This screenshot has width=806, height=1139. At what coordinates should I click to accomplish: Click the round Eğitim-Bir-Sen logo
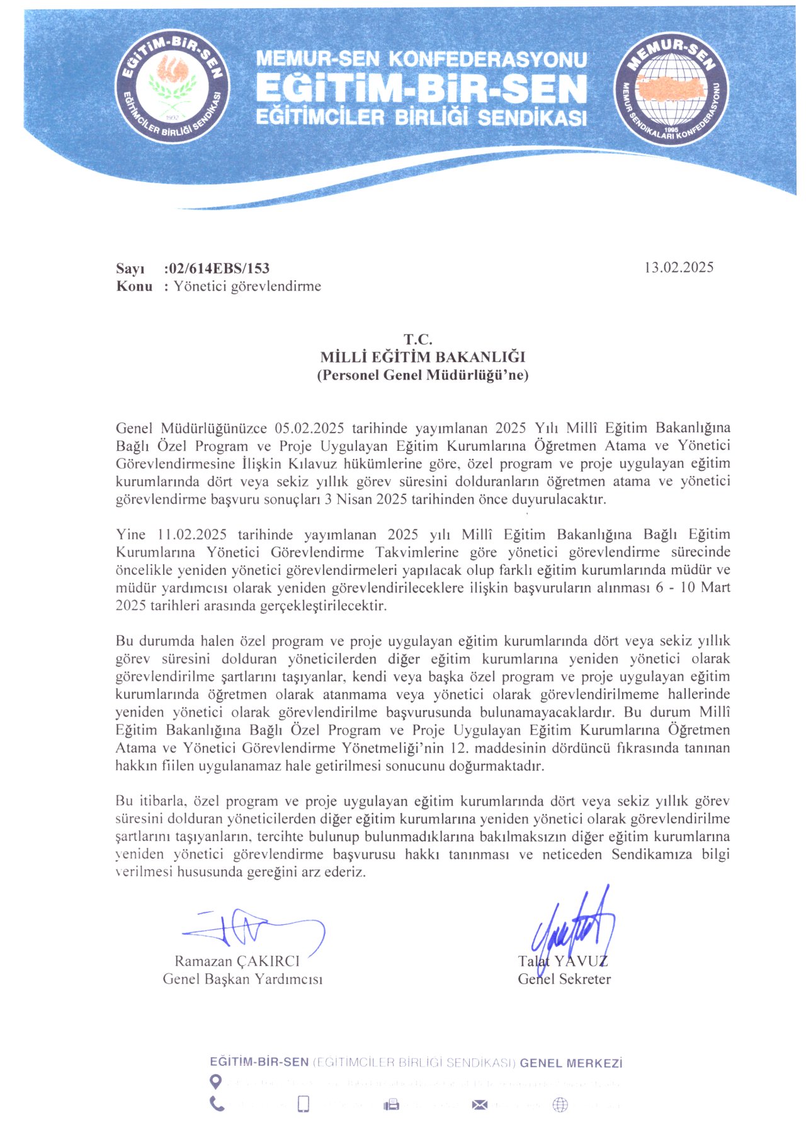coord(171,87)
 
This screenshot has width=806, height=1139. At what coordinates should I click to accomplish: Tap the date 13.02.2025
coord(678,268)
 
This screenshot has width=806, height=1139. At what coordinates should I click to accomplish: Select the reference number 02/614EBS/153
coord(217,269)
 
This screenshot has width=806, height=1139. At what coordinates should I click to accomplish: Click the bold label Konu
coord(134,286)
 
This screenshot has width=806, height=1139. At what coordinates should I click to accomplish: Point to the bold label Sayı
coord(130,269)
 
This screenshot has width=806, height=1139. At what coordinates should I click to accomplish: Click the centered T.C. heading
coord(418,340)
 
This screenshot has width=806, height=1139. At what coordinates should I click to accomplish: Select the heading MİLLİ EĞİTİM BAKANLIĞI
coord(423,358)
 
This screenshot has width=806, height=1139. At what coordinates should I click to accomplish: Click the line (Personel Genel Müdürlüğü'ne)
coord(423,376)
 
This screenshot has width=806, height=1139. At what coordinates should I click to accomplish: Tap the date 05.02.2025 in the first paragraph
coord(309,429)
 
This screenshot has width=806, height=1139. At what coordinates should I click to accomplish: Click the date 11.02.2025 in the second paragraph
coord(191,535)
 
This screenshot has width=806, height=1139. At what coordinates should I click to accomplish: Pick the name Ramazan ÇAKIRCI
coord(237,961)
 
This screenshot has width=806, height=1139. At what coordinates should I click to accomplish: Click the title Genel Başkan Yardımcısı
coord(242,979)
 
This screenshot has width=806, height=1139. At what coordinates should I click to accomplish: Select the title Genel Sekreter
coord(564,979)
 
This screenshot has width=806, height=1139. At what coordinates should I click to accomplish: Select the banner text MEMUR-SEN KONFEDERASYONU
coord(421,60)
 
